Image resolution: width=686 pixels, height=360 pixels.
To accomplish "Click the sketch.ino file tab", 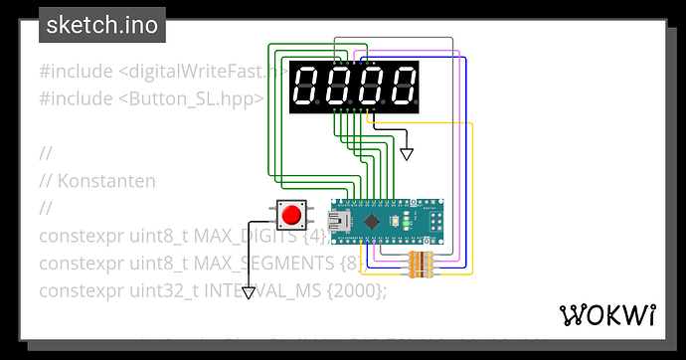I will coord(101,25).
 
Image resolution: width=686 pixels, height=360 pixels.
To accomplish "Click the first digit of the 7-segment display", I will coord(308,86).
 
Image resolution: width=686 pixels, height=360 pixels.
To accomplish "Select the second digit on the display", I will coord(340,86).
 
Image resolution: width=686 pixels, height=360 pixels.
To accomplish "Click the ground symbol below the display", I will coord(406,154).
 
